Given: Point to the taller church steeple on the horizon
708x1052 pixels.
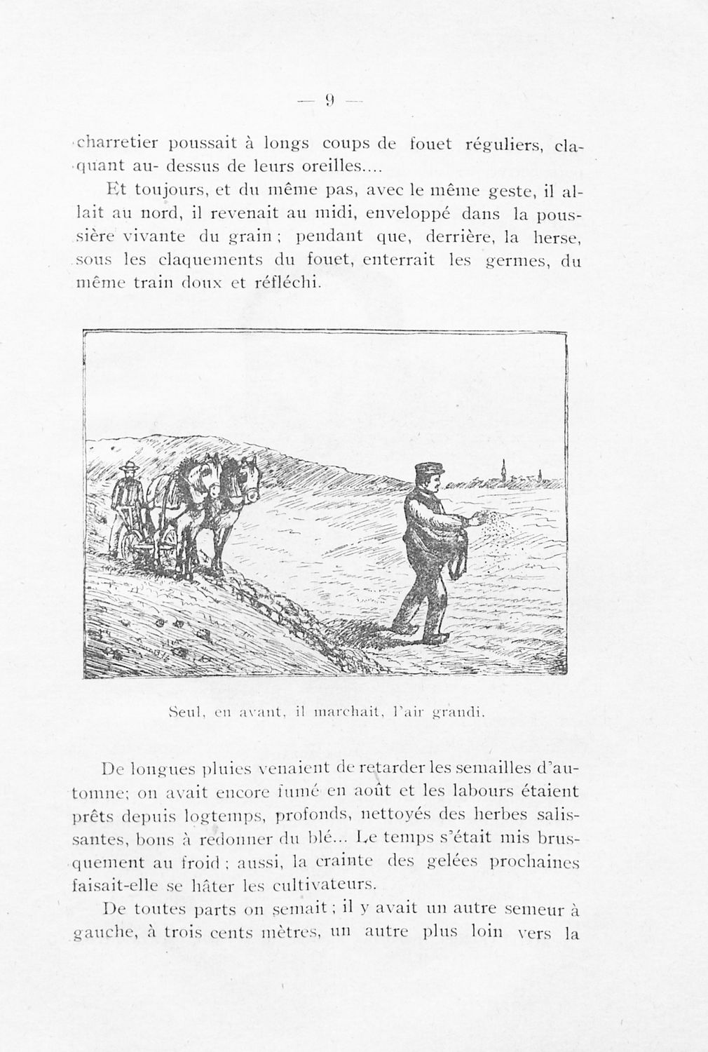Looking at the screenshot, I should pyautogui.click(x=503, y=470).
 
